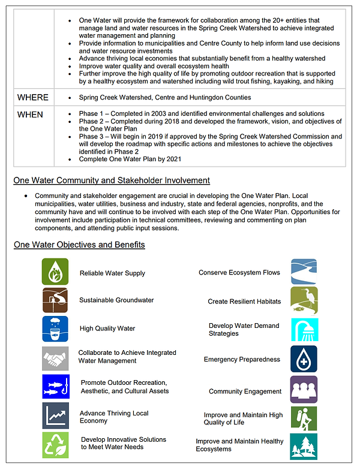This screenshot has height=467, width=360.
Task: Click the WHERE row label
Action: pos(32,97)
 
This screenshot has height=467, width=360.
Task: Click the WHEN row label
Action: pos(30,114)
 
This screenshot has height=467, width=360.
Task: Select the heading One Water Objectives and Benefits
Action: pos(79,245)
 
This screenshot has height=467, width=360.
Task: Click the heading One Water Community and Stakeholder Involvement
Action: pos(112,180)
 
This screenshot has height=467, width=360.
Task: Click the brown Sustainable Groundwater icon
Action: pos(55,300)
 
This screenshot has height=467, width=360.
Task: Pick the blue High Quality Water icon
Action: pos(55,329)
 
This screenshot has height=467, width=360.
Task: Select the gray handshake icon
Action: pos(55,357)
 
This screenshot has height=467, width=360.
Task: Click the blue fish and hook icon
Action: pos(55,386)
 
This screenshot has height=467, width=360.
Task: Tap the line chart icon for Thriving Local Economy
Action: pos(55,415)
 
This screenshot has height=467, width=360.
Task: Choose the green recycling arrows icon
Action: pos(55,444)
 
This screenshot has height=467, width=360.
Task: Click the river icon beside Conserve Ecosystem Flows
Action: pos(304,272)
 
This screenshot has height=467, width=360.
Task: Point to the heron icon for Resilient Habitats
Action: pos(304,300)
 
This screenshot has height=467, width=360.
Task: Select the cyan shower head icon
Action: pos(304,330)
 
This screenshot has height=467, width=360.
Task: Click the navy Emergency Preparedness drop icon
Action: pos(304,358)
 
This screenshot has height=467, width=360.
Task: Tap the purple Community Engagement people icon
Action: pos(304,389)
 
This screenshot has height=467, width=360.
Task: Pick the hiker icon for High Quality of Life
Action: pos(304,418)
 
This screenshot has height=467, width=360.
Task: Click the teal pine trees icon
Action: pos(304,446)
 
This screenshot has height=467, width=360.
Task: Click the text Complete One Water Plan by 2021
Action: pos(130,159)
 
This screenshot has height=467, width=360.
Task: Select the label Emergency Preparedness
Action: pos(242,360)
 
